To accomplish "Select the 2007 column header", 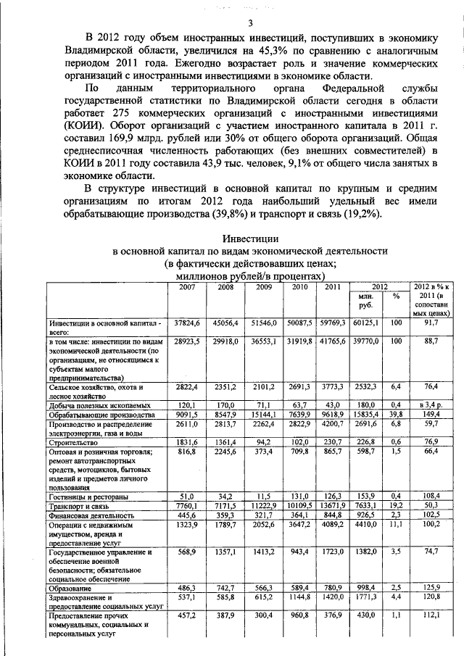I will tap(187, 287).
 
